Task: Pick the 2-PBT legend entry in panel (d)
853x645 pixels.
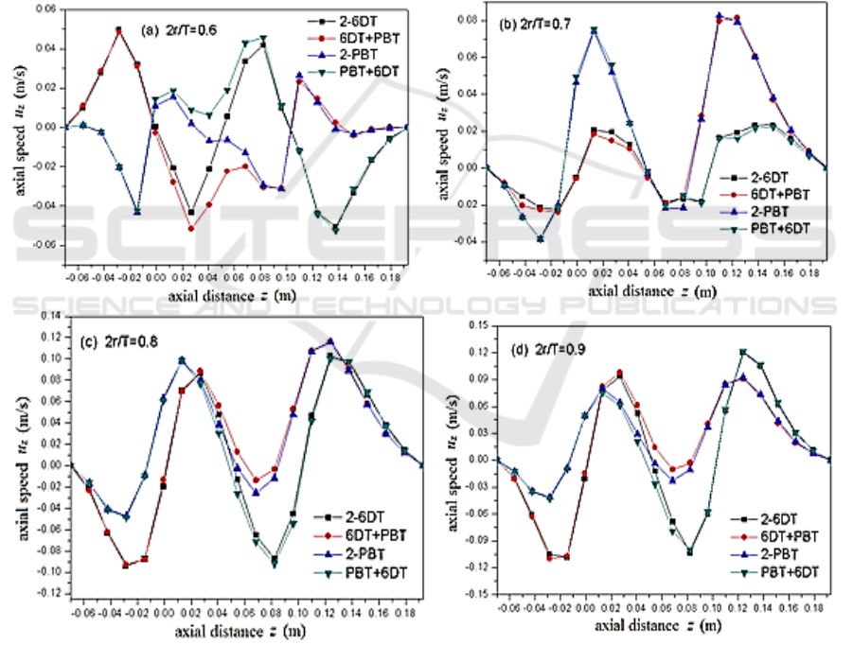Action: coord(776,554)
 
